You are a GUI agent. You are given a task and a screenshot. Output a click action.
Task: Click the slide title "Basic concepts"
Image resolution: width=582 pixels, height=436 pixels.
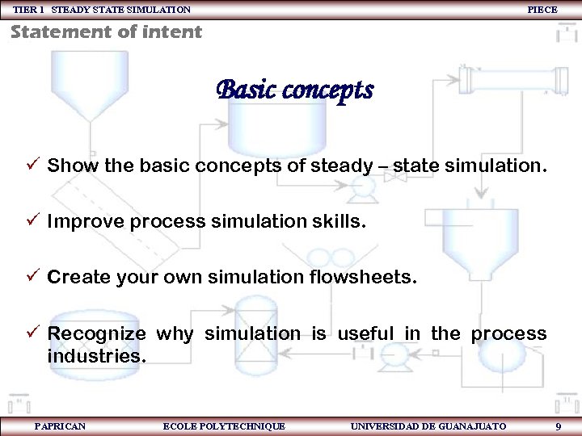294,90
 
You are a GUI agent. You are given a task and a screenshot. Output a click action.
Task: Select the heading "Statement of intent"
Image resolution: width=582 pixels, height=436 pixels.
106,32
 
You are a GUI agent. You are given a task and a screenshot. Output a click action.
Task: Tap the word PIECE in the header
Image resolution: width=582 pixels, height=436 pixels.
542,10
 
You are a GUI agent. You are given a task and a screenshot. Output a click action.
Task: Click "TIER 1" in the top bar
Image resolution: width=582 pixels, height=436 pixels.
30,10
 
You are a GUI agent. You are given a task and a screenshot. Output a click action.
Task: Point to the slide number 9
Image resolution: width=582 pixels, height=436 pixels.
559,426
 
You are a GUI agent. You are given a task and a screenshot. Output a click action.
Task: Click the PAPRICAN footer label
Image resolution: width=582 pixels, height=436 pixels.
61,426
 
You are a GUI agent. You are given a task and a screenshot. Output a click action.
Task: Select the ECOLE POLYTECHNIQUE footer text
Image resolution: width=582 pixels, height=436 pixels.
224,426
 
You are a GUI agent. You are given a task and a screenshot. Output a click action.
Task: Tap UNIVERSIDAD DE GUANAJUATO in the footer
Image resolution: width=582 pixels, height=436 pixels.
428,426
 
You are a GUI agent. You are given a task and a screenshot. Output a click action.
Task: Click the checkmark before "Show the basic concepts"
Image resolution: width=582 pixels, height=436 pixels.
32,166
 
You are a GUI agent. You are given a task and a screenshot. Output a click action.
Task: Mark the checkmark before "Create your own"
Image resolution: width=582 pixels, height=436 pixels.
32,277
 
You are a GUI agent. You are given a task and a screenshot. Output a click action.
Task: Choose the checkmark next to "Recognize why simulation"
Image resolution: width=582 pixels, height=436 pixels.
32,333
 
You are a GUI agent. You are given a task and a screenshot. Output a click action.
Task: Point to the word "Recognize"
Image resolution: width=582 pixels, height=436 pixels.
96,333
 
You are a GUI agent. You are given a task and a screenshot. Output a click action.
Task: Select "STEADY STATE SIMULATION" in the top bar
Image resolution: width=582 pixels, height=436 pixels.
121,10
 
